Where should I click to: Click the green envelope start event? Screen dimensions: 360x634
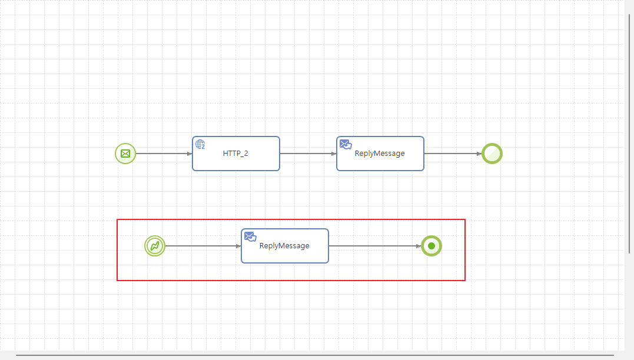click(125, 154)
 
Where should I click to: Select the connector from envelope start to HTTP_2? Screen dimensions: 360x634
click(162, 154)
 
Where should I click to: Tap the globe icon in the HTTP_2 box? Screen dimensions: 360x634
click(200, 144)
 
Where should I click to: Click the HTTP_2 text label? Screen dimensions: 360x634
click(235, 154)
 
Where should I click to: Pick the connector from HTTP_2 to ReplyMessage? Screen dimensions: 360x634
click(306, 154)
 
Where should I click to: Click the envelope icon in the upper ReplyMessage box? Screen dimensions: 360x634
click(346, 144)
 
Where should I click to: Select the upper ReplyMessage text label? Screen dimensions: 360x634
click(380, 154)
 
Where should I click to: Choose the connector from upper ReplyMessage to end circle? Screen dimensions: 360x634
click(451, 154)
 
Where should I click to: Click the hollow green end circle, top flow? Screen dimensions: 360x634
click(492, 154)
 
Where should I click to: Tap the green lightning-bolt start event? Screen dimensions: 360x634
click(155, 246)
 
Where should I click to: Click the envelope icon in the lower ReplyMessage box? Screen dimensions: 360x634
click(250, 236)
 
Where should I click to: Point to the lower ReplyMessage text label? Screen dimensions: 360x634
click(284, 246)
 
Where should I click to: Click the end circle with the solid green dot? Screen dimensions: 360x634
click(431, 246)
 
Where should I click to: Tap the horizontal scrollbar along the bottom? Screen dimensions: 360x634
click(314, 355)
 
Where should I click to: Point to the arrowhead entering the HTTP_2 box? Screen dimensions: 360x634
click(190, 154)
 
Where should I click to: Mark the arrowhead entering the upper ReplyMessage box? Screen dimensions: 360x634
click(334, 154)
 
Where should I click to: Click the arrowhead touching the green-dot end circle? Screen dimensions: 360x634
click(419, 246)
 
